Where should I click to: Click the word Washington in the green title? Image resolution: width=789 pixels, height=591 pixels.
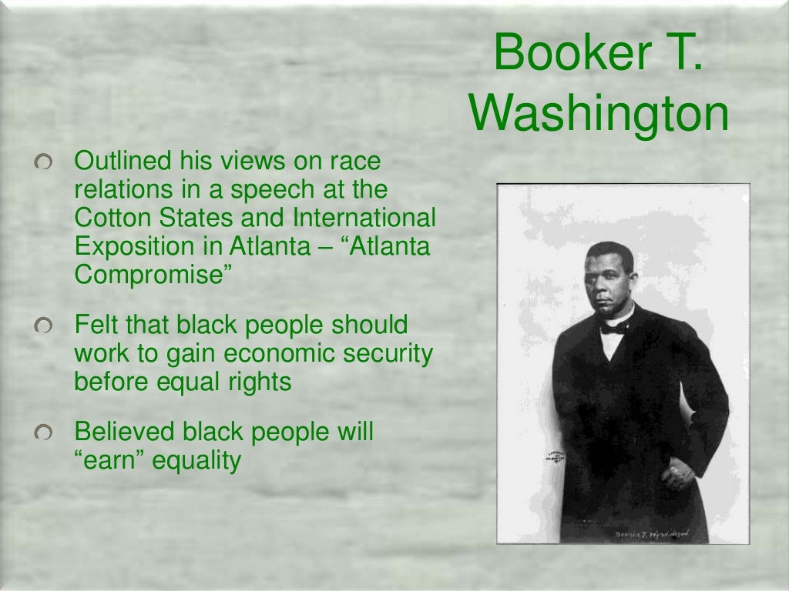tap(599, 113)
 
